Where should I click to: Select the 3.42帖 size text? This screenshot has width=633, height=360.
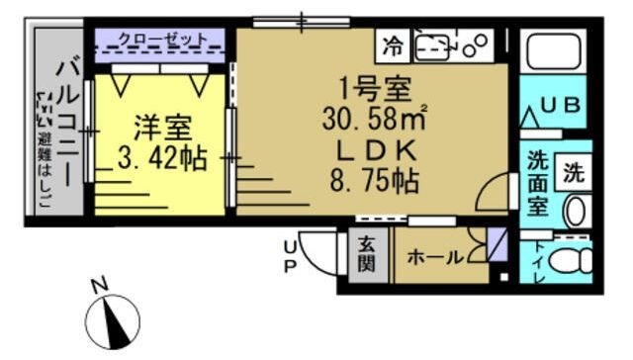159,157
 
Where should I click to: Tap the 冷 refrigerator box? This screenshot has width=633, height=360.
394,45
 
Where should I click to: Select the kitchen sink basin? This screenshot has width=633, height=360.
434,45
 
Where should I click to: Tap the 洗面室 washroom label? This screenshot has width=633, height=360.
537,185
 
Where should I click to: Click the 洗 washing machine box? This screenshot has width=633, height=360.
574,172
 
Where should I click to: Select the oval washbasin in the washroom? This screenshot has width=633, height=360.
575,209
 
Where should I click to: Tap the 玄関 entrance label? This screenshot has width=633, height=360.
366,255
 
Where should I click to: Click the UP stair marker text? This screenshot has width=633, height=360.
291,255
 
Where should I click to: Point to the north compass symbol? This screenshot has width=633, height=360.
114,322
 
